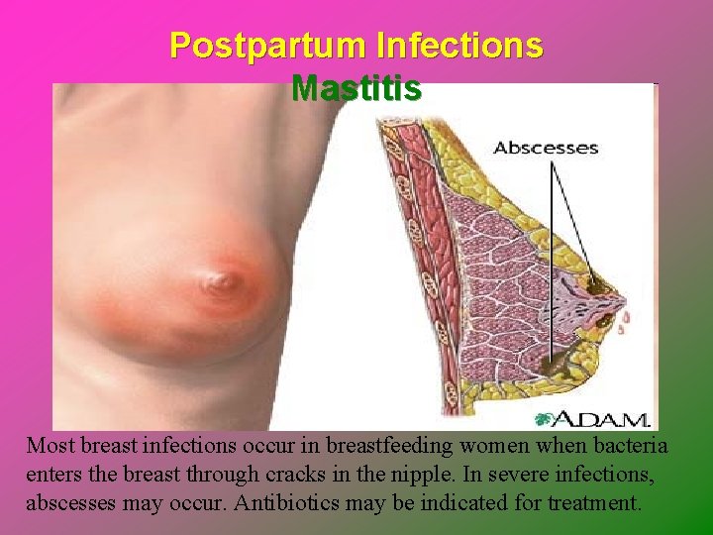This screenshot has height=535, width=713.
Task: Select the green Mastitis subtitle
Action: tap(356, 88)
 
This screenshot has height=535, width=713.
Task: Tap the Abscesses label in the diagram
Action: tap(546, 149)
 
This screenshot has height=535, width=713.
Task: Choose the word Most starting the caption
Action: tap(48, 447)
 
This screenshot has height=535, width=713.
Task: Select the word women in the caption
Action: tap(472, 447)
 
